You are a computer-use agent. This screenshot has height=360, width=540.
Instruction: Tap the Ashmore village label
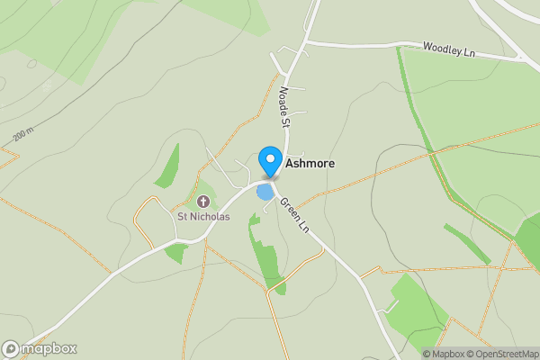click(311, 165)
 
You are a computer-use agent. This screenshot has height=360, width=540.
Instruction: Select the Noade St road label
click(285, 106)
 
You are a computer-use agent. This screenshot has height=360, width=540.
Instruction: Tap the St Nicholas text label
click(203, 216)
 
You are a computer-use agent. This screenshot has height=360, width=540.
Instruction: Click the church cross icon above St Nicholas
click(203, 201)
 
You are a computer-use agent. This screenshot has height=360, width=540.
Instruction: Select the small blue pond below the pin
click(265, 192)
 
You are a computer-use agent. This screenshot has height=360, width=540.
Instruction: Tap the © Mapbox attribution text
click(447, 354)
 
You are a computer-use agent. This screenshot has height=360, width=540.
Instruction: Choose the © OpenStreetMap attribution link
click(506, 354)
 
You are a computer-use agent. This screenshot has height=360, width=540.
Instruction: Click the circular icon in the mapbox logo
click(11, 349)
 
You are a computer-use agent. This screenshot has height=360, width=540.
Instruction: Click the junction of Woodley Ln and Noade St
click(307, 41)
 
